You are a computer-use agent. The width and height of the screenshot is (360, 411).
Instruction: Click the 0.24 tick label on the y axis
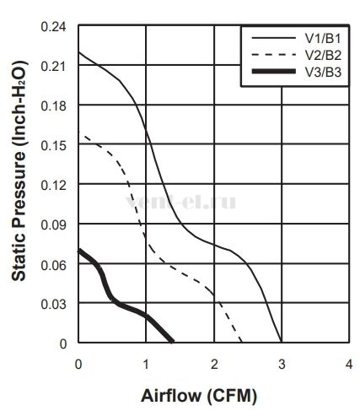coord(54,27)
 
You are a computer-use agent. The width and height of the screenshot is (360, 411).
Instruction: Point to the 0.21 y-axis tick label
coord(54,67)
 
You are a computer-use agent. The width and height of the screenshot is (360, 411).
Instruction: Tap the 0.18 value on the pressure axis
coord(54,106)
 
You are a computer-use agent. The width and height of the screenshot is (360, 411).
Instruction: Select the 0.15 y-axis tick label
coord(54,146)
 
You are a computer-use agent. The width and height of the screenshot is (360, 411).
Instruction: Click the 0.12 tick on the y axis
coord(54,186)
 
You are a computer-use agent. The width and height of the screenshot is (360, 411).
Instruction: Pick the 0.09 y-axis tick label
coord(54,225)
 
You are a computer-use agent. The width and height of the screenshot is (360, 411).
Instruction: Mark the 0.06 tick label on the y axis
coord(54,265)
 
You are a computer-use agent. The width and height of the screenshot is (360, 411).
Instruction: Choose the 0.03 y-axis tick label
coord(54,305)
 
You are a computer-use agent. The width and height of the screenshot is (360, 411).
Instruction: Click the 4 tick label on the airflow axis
coord(349,365)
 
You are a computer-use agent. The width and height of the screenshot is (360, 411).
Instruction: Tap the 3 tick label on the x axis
coord(282,365)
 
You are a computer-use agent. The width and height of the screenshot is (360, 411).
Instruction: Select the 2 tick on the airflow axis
coord(214,365)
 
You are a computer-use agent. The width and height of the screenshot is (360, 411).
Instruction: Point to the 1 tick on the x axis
coord(146,365)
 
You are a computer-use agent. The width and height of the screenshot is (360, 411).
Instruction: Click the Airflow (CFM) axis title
coord(199,396)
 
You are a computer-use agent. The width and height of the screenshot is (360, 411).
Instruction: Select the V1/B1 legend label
coord(323,39)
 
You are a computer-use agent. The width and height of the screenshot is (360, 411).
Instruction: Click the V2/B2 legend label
coord(323,55)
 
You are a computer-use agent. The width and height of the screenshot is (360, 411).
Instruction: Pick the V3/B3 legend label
coord(323,73)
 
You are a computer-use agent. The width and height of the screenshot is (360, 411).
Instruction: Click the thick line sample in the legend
coord(274,71)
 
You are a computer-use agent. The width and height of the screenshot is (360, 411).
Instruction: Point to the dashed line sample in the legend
coord(274,54)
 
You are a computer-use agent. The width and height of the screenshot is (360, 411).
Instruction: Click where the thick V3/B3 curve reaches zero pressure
coord(172,342)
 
